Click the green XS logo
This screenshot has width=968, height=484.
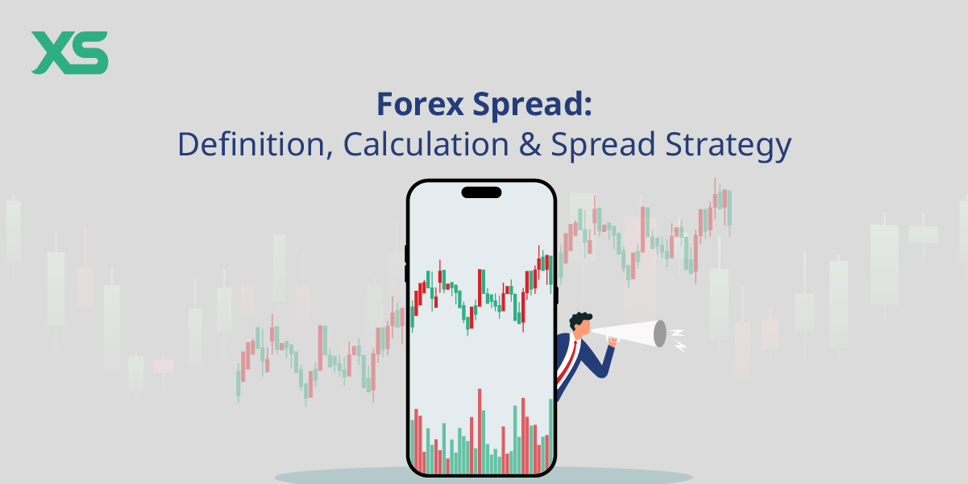click(x=69, y=52)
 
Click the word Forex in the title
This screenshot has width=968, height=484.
click(x=420, y=104)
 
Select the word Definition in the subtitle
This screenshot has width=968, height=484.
click(x=251, y=144)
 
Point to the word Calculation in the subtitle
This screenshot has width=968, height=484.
click(x=426, y=144)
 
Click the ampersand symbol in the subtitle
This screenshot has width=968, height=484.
click(x=530, y=144)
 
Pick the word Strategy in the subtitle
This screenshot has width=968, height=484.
click(x=729, y=146)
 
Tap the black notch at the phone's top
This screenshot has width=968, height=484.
click(x=481, y=192)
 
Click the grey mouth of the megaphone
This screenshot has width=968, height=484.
click(x=660, y=333)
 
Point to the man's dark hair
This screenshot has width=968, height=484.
click(x=580, y=321)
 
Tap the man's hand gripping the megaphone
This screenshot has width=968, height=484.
click(x=613, y=342)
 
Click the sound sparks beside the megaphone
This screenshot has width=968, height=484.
click(x=678, y=340)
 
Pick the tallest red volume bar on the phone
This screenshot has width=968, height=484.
click(x=480, y=431)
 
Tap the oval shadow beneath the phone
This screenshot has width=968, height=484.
click(x=484, y=477)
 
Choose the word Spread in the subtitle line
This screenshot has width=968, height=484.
click(x=603, y=146)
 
